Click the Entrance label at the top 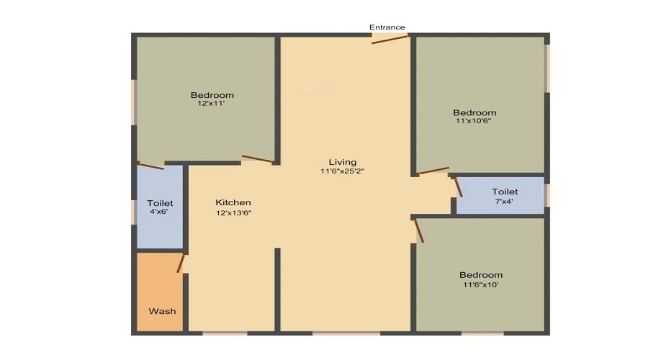[387, 27]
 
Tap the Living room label [343, 162]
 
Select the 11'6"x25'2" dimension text [343, 171]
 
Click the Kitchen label [233, 203]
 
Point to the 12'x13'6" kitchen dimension [233, 213]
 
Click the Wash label [162, 311]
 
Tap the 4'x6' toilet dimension [158, 212]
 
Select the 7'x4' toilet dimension [505, 202]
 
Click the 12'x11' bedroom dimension [212, 104]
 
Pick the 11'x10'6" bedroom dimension [474, 121]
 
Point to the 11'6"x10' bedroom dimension [481, 284]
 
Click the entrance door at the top [390, 37]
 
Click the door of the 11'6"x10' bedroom [418, 231]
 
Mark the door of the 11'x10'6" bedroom [433, 171]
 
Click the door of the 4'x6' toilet [151, 166]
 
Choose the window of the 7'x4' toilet [547, 195]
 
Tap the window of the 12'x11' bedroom [134, 102]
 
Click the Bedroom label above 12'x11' [212, 95]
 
